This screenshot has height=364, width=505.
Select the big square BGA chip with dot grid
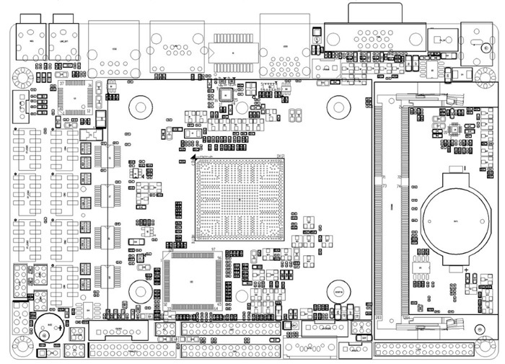click(240, 200)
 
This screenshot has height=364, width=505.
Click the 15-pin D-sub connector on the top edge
click(374, 35)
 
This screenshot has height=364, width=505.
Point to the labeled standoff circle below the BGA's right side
click(338, 292)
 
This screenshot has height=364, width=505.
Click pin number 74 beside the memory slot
click(398, 187)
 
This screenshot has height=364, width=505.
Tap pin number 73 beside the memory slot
click(385, 187)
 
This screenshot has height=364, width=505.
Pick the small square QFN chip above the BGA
click(225, 93)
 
